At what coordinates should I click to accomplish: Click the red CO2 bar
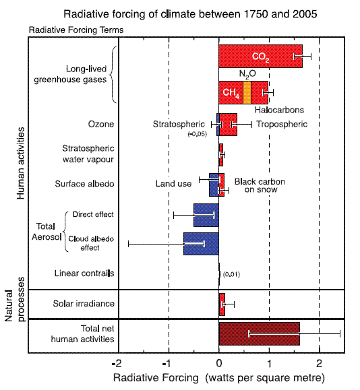point(260,56)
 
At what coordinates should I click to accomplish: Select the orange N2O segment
point(247,92)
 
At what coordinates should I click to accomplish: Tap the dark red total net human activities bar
point(259,334)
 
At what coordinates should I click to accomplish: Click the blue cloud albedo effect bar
point(201,244)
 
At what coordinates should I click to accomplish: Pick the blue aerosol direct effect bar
point(206,215)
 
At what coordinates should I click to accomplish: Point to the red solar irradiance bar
point(222,304)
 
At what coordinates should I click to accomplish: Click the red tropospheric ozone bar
point(229,125)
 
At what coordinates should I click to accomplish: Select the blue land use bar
point(214,185)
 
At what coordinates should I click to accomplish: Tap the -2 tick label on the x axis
point(117,364)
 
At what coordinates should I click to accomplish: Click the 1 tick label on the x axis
point(270,364)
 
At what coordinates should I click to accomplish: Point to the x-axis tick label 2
point(319,364)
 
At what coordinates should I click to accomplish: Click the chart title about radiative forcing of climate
point(190,14)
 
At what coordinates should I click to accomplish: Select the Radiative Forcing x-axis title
point(219,378)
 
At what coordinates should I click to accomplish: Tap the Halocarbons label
point(279,110)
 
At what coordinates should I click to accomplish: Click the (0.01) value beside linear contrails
point(231,274)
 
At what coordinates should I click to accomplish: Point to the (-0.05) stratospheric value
point(197,134)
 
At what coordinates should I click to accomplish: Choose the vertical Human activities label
point(21,163)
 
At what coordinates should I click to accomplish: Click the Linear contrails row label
point(84,273)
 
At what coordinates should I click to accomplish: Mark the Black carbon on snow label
point(260,185)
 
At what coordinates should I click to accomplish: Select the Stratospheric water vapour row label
point(88,154)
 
